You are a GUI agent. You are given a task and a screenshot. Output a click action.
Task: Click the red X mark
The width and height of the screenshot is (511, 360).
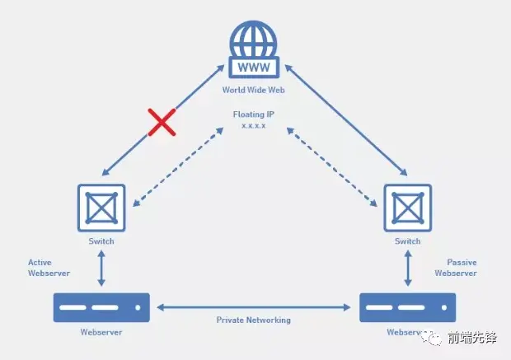(162, 123)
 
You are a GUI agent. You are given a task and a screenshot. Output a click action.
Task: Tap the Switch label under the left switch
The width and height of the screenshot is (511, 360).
(101, 241)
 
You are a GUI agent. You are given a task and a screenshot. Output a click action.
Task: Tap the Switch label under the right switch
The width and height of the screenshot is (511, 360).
(407, 241)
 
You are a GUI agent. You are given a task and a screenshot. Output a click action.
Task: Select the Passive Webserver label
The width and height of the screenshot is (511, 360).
(456, 268)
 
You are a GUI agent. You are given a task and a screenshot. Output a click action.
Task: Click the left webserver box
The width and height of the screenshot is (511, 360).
(101, 307)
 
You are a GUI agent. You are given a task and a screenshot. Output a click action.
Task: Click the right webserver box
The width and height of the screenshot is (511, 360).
(408, 307)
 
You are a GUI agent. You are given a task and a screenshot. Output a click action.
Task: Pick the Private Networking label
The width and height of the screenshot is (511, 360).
(254, 320)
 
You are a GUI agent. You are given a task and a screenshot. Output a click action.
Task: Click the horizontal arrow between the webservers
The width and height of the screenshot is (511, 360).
(254, 308)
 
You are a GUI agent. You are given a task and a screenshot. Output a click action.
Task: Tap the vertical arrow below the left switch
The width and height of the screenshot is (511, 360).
(101, 269)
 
